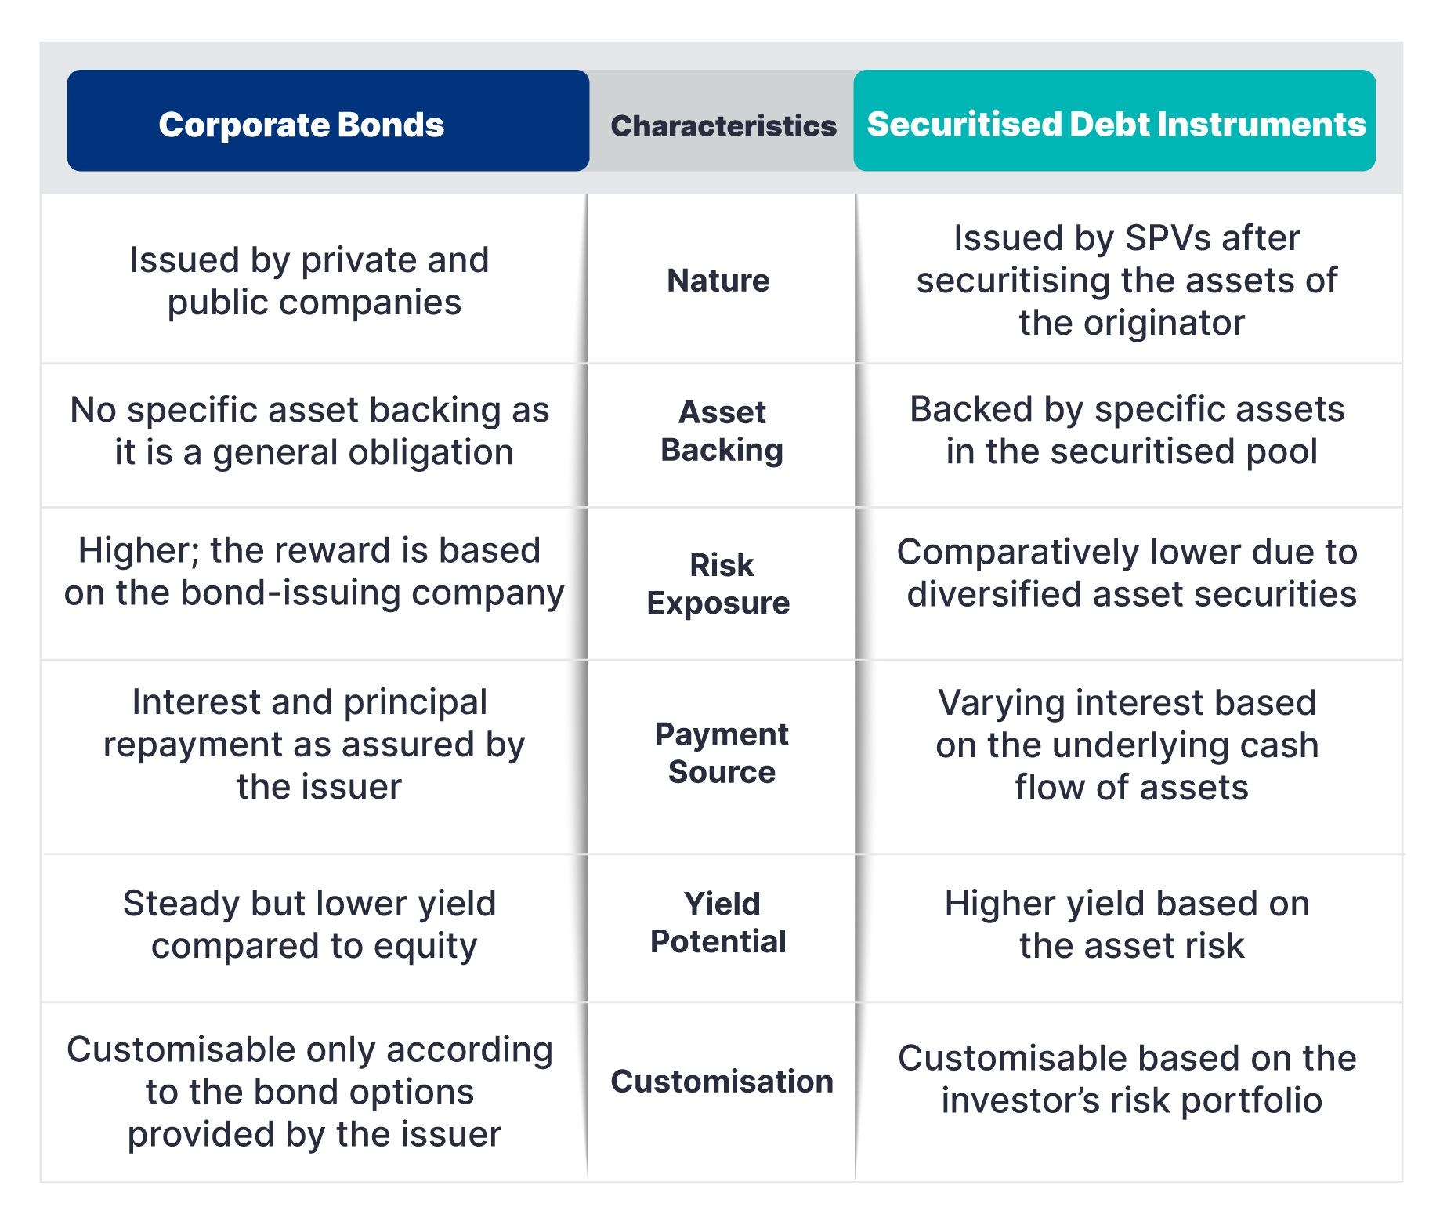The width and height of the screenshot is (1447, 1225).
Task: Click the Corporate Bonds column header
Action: (x=328, y=121)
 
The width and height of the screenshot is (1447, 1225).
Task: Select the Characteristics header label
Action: (x=723, y=125)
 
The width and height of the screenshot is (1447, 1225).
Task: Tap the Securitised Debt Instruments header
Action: (x=1115, y=121)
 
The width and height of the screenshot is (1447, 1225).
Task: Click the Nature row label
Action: (x=718, y=281)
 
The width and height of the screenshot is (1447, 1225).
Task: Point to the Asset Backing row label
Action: (x=722, y=431)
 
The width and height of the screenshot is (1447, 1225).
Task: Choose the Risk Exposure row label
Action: (x=718, y=584)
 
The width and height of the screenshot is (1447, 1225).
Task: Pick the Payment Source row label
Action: (x=722, y=753)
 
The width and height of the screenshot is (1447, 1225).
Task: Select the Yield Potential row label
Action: (x=718, y=922)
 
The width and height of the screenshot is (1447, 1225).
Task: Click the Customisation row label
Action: (x=722, y=1082)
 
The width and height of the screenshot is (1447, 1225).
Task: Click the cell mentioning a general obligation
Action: (x=310, y=431)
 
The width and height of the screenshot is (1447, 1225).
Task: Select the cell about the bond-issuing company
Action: (x=313, y=572)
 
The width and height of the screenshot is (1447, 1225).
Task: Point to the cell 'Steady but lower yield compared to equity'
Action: (x=310, y=925)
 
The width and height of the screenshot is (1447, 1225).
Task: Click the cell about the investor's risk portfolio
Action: (x=1128, y=1079)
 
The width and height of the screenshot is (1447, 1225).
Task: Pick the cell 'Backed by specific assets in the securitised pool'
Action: (x=1128, y=430)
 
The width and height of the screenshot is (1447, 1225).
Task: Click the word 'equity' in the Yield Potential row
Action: (x=425, y=947)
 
